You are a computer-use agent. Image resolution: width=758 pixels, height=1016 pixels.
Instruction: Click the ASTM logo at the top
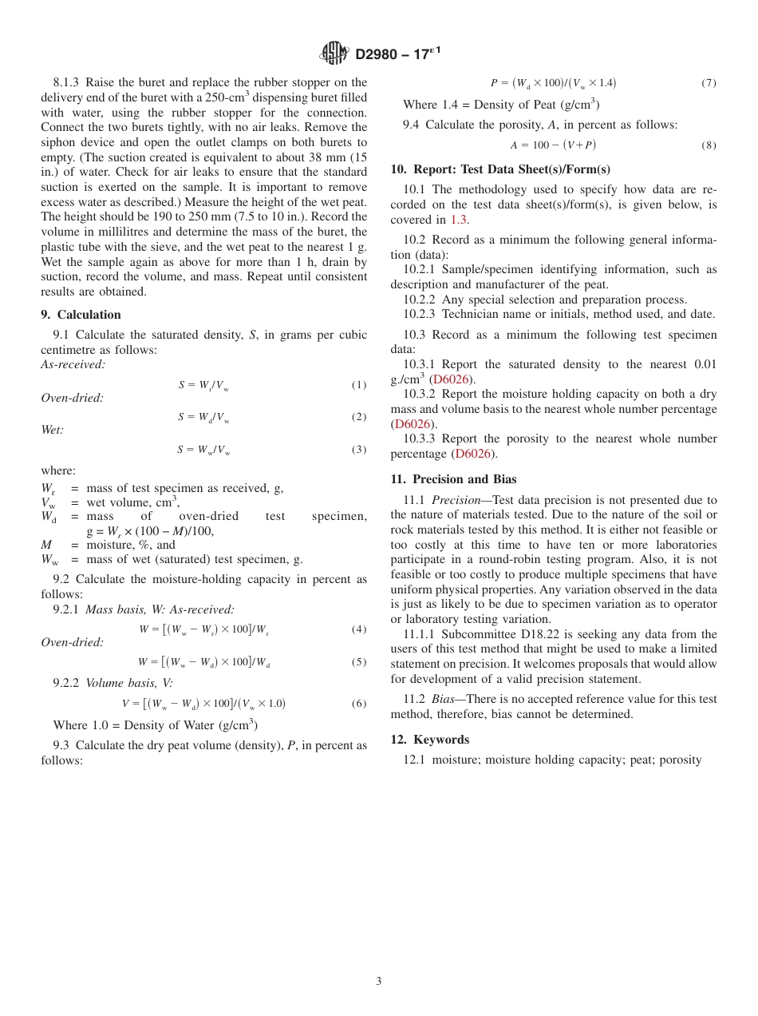pyautogui.click(x=334, y=54)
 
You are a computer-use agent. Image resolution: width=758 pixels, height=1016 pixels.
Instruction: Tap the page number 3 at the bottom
pyautogui.click(x=379, y=981)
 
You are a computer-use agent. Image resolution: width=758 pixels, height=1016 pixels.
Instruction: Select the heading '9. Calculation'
pyautogui.click(x=81, y=315)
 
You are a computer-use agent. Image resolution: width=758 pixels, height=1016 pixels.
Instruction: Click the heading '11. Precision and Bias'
pyautogui.click(x=453, y=479)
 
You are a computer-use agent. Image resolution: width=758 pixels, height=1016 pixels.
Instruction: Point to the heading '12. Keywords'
pyautogui.click(x=430, y=740)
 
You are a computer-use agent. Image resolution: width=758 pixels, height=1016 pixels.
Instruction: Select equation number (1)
pyautogui.click(x=359, y=385)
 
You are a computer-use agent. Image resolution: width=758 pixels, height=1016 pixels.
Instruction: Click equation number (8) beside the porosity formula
pyautogui.click(x=709, y=145)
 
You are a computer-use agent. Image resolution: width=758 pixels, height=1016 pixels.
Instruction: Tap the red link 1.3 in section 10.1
pyautogui.click(x=459, y=220)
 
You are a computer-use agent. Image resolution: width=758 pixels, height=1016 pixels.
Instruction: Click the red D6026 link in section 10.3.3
pyautogui.click(x=472, y=454)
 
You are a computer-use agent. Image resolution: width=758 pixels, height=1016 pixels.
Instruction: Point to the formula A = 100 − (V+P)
pyautogui.click(x=553, y=145)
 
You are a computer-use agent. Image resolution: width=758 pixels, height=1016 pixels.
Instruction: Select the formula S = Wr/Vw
pyautogui.click(x=203, y=386)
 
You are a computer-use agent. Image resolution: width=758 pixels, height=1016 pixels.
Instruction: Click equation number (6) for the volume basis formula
pyautogui.click(x=359, y=704)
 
